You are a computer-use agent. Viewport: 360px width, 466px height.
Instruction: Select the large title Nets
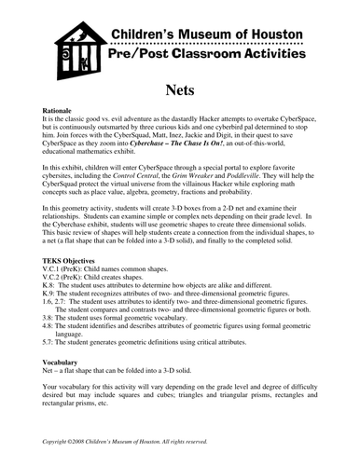point(179,90)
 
